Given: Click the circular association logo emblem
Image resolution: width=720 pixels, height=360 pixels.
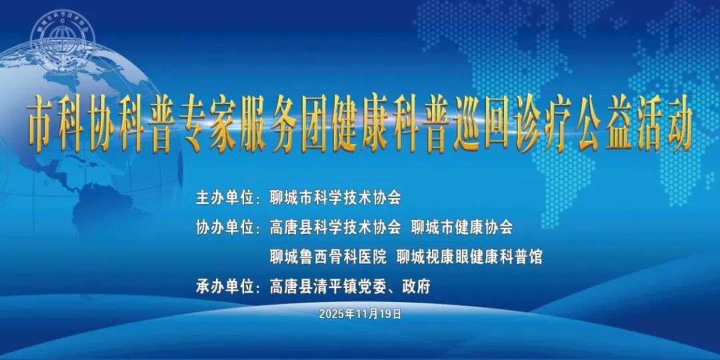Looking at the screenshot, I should [63, 41].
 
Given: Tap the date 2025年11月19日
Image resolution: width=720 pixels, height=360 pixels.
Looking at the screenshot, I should [360, 313].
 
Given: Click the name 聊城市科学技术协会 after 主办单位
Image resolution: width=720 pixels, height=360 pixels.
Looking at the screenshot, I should [335, 198].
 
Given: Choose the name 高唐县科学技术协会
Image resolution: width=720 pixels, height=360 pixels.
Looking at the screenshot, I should [335, 228].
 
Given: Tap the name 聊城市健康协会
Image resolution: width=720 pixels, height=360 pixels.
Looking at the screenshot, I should [462, 228].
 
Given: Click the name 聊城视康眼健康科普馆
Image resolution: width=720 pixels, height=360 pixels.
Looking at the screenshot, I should [469, 257].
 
